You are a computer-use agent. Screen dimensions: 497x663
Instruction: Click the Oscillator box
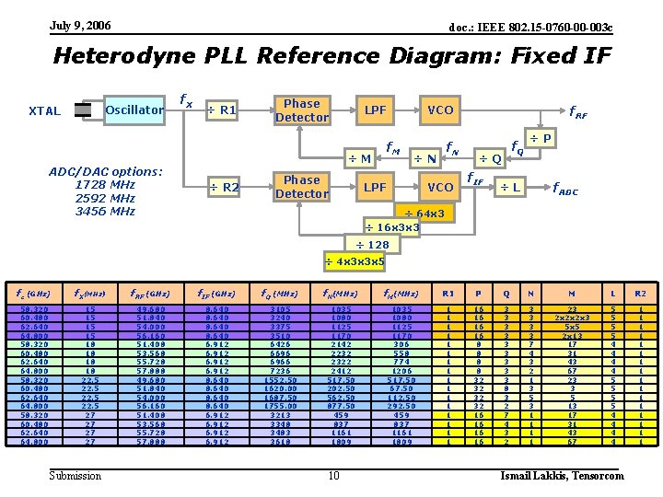point(134,110)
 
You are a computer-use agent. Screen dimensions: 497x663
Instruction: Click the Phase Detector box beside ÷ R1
point(301,110)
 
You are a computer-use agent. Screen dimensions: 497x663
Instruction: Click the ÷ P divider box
point(543,138)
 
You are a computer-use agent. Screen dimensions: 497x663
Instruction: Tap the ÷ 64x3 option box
point(425,214)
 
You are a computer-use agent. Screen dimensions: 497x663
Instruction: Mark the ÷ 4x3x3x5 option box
point(355,260)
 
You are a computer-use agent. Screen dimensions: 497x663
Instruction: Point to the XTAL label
point(44,111)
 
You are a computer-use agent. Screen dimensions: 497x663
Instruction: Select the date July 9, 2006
point(80,25)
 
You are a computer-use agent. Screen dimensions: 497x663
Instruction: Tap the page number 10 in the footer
point(333,475)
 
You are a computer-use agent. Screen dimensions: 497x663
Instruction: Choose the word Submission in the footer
point(76,475)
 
